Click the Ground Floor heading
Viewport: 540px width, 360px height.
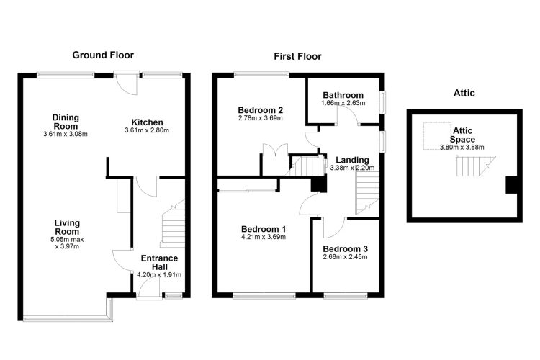103,55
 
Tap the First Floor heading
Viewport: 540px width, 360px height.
297,56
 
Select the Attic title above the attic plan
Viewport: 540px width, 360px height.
464,93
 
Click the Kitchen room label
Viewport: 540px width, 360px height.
147,122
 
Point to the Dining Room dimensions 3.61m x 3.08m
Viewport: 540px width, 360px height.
66,134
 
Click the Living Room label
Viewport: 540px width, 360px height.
67,227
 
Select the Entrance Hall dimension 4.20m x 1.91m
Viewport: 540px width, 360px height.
159,275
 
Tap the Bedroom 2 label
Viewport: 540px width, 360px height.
261,110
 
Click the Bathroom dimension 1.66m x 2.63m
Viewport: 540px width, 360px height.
343,103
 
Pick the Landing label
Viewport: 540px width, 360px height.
352,160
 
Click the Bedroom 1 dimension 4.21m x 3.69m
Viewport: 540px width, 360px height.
264,237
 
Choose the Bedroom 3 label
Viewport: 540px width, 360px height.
345,248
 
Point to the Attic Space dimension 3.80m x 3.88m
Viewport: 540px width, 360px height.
462,148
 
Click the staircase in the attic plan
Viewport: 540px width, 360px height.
475,166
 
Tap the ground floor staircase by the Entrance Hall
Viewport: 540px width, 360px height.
173,223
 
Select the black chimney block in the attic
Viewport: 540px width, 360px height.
511,184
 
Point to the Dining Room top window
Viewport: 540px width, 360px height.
66,75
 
